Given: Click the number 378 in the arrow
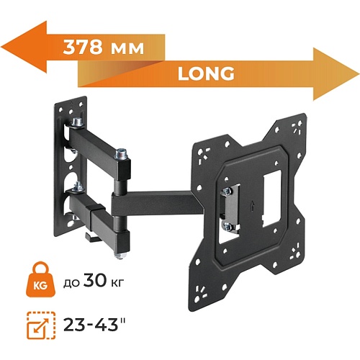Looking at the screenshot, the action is (x=83, y=47).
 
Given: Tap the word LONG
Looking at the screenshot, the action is (x=206, y=73).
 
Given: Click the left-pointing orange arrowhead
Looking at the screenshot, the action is (x=24, y=47).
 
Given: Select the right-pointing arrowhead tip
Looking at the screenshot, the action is (x=359, y=74).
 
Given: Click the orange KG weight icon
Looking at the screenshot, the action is (x=40, y=279).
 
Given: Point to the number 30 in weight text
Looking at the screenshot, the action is (x=94, y=280).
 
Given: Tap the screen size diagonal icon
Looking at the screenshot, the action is (x=41, y=325).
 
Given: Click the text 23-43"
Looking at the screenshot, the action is (x=95, y=325).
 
